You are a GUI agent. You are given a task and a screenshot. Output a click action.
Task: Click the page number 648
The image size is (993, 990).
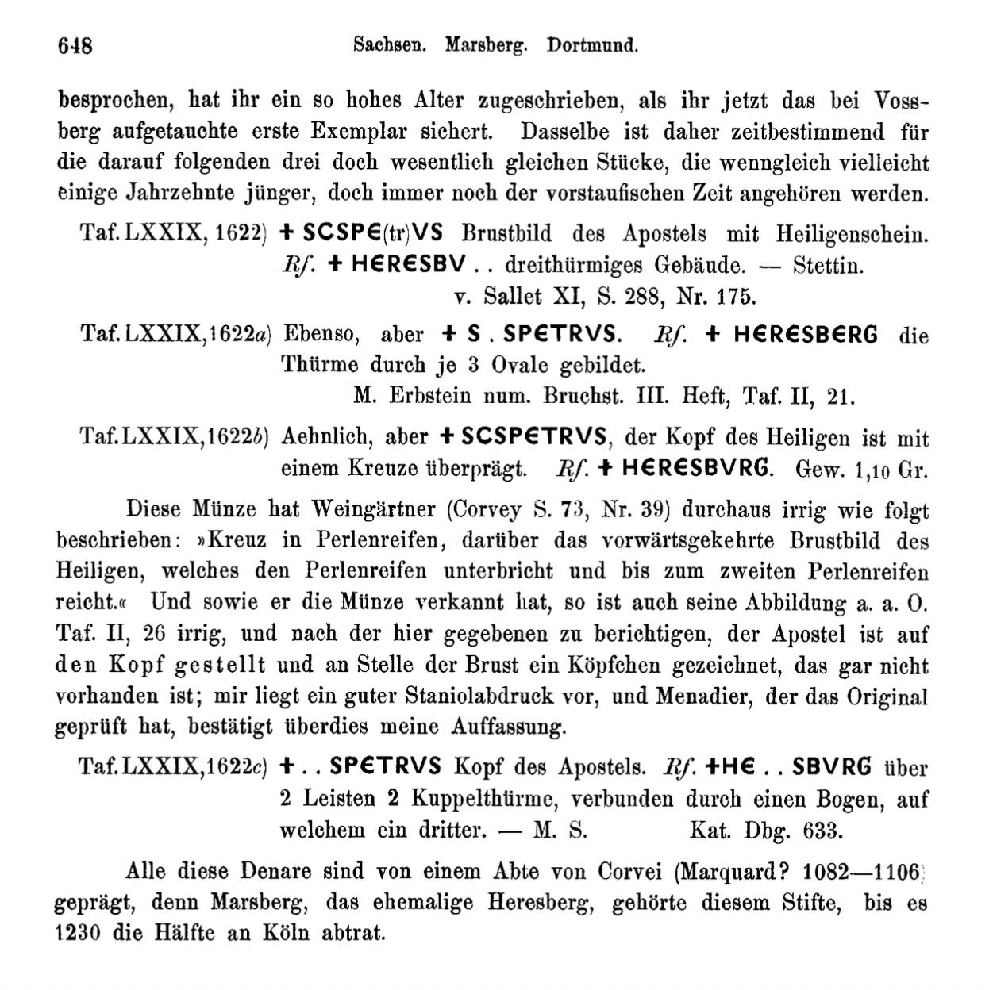point(75,45)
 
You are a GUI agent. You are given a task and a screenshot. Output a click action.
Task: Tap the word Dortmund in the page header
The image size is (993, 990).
point(592,45)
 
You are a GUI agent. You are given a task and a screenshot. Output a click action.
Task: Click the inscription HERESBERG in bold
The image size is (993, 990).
point(806,335)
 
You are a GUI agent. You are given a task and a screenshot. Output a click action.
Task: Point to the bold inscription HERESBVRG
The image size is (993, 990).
point(696,467)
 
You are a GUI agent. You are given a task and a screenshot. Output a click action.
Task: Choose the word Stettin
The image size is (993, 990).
point(828,265)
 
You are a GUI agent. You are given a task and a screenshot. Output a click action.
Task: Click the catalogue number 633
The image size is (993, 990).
point(820,830)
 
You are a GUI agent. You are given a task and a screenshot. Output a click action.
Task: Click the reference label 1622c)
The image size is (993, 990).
point(237,767)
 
